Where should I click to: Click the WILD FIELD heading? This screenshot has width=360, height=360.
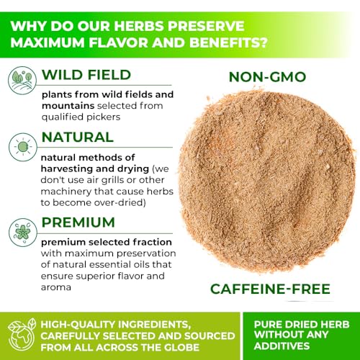[86, 75]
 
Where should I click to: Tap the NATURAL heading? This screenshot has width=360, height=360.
[78, 137]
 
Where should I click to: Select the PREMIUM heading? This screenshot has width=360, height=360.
[78, 222]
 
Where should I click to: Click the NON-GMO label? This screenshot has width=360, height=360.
[267, 77]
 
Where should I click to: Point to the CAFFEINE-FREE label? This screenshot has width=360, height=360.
[270, 289]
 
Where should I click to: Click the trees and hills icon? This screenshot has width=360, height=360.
[22, 81]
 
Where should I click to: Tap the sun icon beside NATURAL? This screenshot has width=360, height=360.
[23, 147]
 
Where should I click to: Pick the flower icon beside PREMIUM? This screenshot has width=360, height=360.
[23, 233]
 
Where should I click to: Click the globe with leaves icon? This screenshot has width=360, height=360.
[22, 336]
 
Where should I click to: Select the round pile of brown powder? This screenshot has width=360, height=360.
[267, 182]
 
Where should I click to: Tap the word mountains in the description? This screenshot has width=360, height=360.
[68, 106]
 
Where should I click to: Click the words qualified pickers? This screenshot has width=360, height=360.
[81, 117]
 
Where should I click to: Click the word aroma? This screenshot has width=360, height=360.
[56, 287]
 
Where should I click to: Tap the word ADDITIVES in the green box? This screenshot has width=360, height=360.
[282, 346]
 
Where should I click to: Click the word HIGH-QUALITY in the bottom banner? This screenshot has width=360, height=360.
[78, 325]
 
